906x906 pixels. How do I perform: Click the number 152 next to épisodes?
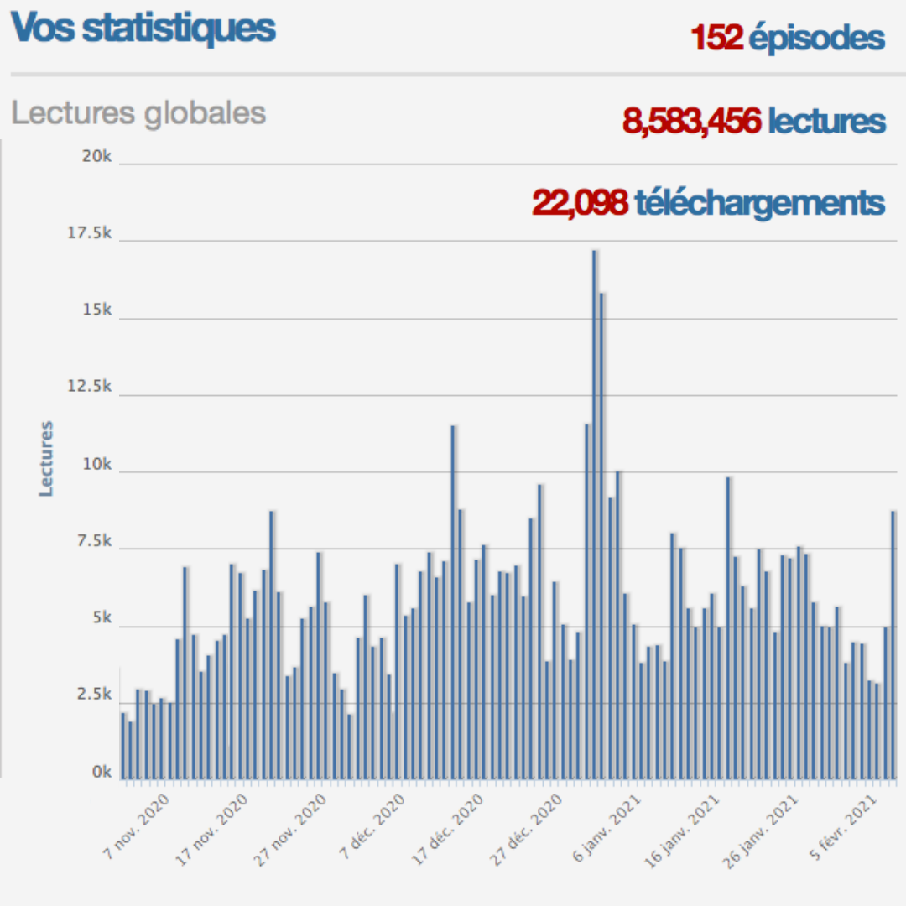(x=716, y=39)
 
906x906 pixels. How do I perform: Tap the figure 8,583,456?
(x=692, y=122)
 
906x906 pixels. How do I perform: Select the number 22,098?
(x=580, y=202)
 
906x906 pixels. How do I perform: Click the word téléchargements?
(x=760, y=203)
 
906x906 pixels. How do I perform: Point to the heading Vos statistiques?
(x=143, y=28)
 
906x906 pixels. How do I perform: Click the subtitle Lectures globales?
(x=138, y=113)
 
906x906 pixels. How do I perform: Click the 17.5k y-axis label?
(x=90, y=234)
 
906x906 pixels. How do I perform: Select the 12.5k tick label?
(x=90, y=388)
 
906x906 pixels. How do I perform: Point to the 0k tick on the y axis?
(x=102, y=773)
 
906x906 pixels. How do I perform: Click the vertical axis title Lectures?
(x=46, y=458)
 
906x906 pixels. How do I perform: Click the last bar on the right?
(x=893, y=645)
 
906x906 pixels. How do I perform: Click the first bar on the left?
(x=123, y=746)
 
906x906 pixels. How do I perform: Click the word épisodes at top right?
(x=817, y=39)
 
